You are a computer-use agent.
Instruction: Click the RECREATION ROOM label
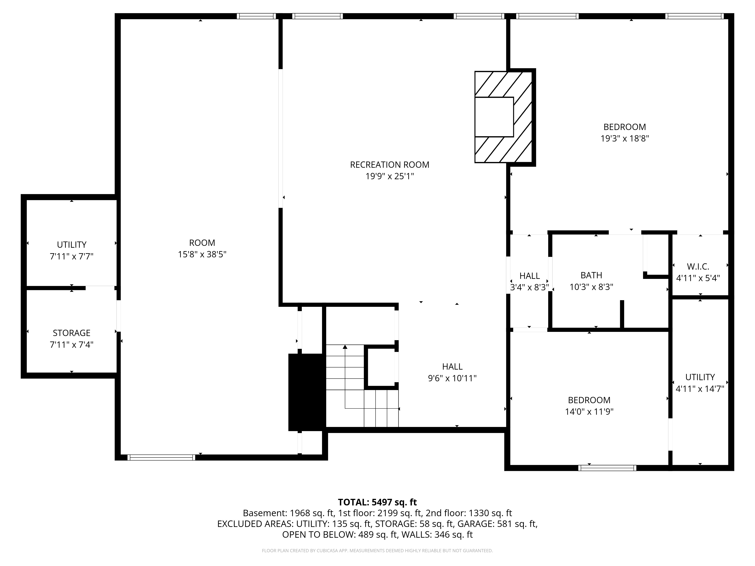click(x=389, y=165)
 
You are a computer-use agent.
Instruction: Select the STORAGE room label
click(x=72, y=333)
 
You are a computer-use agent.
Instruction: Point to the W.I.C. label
click(x=698, y=266)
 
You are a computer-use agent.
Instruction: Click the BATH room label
click(x=591, y=275)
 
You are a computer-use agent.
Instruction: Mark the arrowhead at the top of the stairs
click(x=345, y=347)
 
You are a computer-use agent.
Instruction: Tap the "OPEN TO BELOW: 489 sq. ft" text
click(x=340, y=535)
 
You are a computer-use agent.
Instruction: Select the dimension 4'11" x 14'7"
click(x=700, y=389)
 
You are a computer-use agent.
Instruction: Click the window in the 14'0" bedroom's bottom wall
click(x=607, y=468)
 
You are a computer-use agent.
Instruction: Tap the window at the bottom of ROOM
click(x=161, y=458)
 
